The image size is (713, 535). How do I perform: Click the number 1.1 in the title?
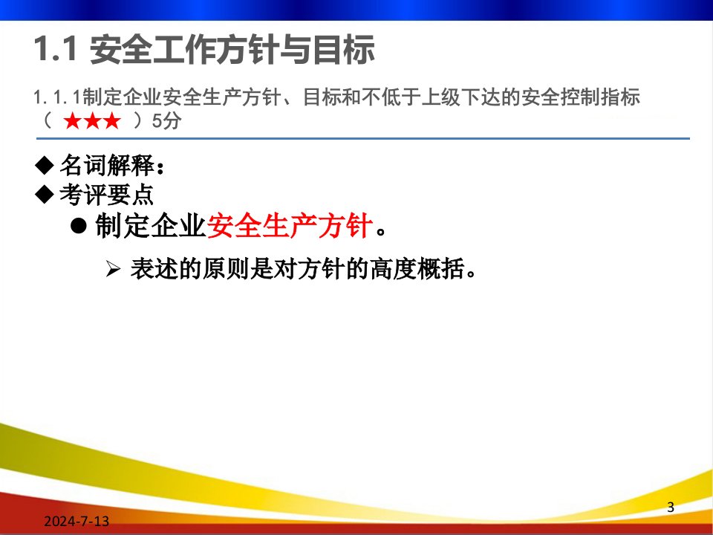[x=54, y=49]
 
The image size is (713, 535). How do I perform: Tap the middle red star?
[x=92, y=121]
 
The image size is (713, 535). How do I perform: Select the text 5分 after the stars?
[x=166, y=120]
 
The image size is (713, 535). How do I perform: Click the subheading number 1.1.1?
[x=58, y=97]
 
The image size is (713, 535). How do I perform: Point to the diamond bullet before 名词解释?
[x=44, y=165]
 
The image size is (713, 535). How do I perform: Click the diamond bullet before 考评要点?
[x=44, y=194]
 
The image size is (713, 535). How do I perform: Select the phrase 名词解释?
[x=107, y=165]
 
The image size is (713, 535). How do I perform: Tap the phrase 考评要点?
[x=107, y=194]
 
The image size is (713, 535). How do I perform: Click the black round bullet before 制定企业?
[x=79, y=225]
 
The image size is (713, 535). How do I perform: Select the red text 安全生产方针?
[x=290, y=225]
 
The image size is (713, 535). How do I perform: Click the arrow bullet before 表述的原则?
[x=113, y=269]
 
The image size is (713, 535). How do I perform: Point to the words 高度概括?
[x=417, y=268]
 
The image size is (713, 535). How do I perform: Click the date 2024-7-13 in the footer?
[x=76, y=521]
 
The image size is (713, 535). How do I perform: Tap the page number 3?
[x=670, y=507]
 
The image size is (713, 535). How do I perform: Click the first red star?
[x=72, y=121]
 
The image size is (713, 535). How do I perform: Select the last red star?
[x=112, y=121]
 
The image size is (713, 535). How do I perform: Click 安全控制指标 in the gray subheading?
[x=581, y=97]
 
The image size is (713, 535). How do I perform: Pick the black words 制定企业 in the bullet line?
[x=151, y=225]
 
